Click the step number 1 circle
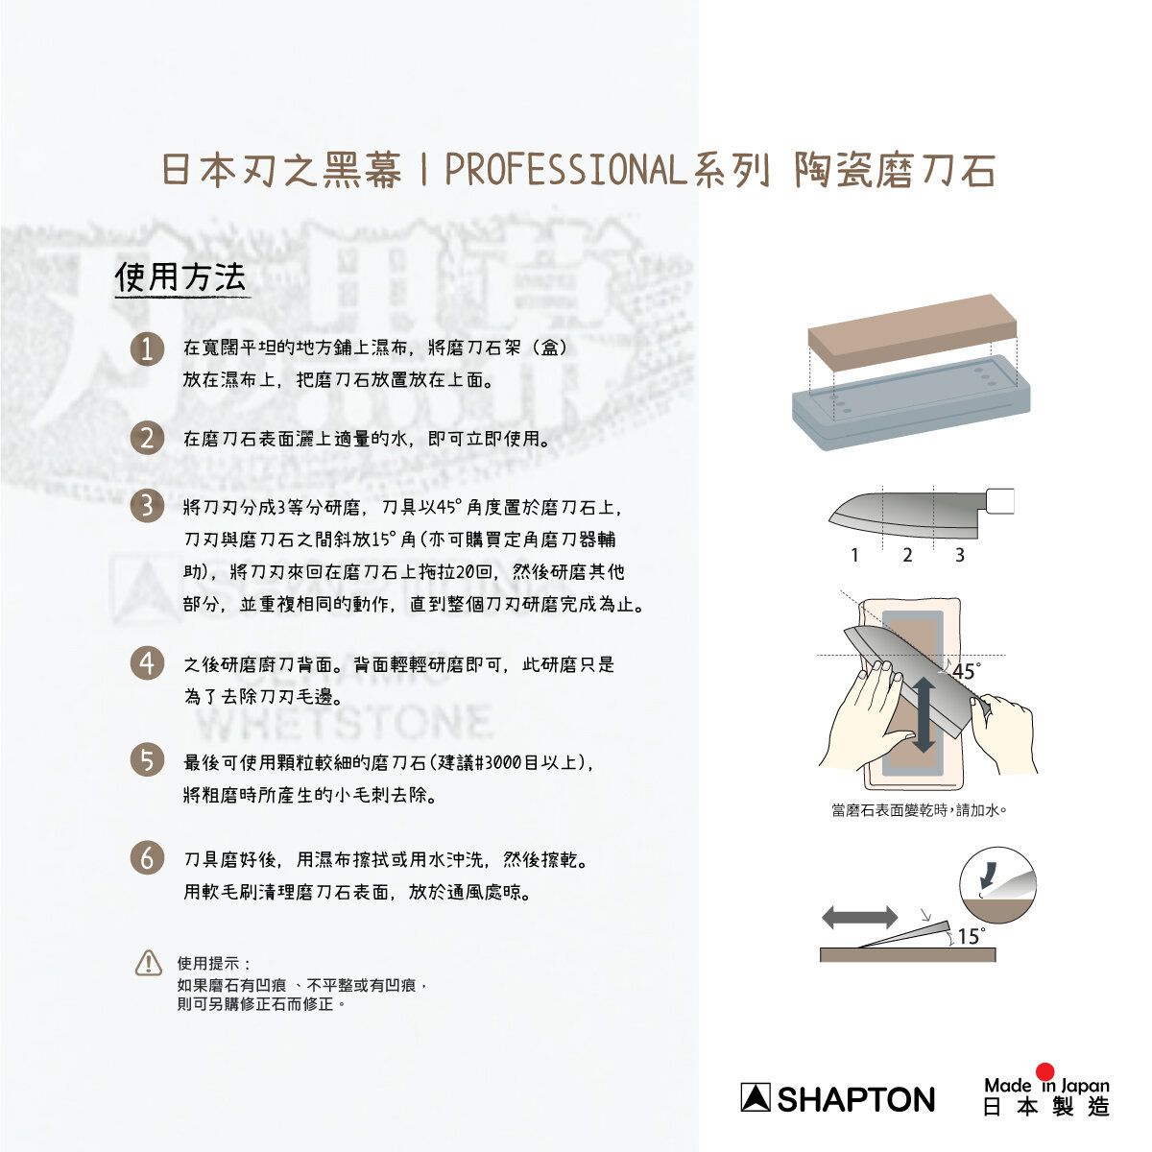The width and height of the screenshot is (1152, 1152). (x=147, y=349)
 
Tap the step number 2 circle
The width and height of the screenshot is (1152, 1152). (x=147, y=439)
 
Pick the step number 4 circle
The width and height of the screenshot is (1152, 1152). (x=147, y=663)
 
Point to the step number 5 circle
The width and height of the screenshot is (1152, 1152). (x=147, y=761)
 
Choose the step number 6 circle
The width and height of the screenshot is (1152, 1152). (x=147, y=858)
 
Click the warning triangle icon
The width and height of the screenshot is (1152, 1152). (x=148, y=964)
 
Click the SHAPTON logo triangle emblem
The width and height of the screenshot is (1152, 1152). (x=756, y=1097)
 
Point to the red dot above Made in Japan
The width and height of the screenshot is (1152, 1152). (x=1045, y=1071)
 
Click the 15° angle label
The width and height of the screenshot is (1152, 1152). (x=971, y=937)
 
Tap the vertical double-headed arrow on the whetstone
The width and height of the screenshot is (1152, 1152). (x=924, y=715)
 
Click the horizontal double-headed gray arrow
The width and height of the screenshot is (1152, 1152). (x=859, y=917)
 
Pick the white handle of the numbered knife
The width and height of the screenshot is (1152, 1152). (x=999, y=501)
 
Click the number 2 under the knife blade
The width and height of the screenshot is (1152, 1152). (x=907, y=556)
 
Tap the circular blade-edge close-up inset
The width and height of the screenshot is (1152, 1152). (x=997, y=886)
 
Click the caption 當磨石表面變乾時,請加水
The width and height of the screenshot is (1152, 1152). (x=920, y=810)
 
